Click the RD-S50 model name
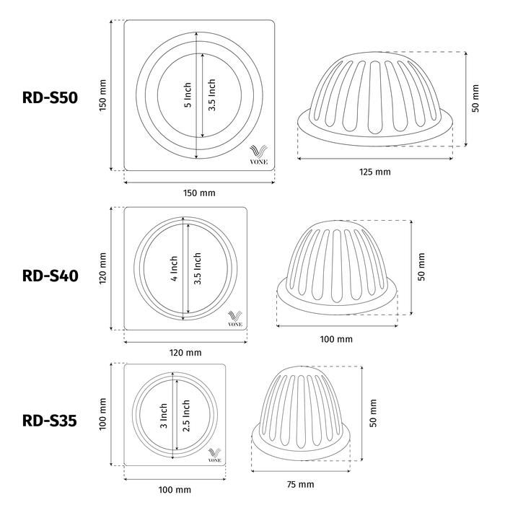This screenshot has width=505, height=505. pyautogui.click(x=50, y=97)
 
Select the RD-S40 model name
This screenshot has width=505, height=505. pyautogui.click(x=50, y=276)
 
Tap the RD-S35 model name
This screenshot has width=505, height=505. pyautogui.click(x=50, y=421)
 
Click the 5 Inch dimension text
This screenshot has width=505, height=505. pyautogui.click(x=188, y=95)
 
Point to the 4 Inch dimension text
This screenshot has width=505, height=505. pyautogui.click(x=174, y=268)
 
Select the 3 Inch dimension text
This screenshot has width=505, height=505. pyautogui.click(x=164, y=416)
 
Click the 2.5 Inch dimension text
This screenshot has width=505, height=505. pyautogui.click(x=186, y=416)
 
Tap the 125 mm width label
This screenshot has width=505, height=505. pyautogui.click(x=375, y=172)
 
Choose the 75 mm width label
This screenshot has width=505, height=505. pyautogui.click(x=300, y=484)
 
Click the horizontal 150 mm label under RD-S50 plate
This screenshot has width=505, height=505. pyautogui.click(x=199, y=193)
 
